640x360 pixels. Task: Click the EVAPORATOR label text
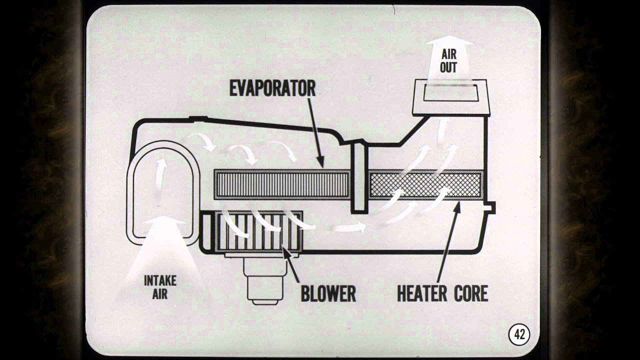point(272,88)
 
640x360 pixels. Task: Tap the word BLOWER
point(328,293)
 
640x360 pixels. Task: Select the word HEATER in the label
point(423,293)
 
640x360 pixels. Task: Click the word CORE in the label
point(470,293)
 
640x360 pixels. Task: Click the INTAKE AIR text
point(160,286)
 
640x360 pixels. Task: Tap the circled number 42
point(519,334)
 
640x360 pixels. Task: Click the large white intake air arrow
point(160,250)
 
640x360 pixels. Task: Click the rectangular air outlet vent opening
point(448,93)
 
